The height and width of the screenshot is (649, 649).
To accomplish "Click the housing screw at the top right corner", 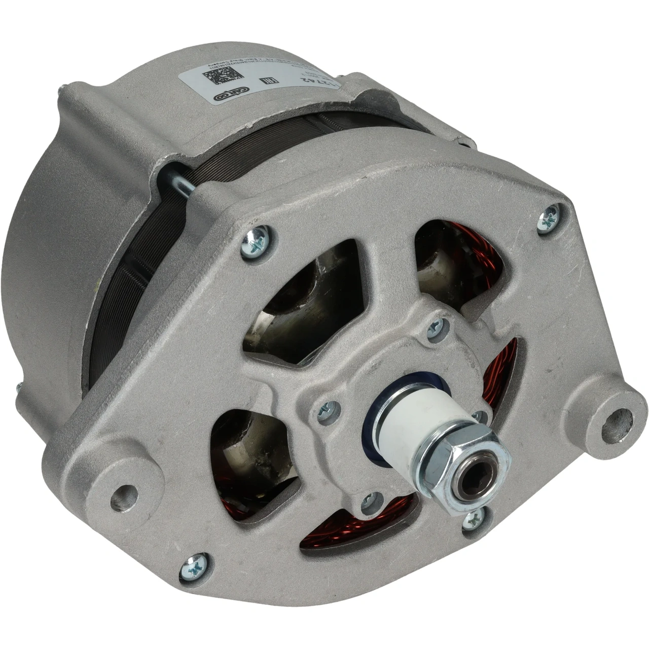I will [x=549, y=219].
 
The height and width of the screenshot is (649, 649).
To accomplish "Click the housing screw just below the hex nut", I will [x=474, y=518].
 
